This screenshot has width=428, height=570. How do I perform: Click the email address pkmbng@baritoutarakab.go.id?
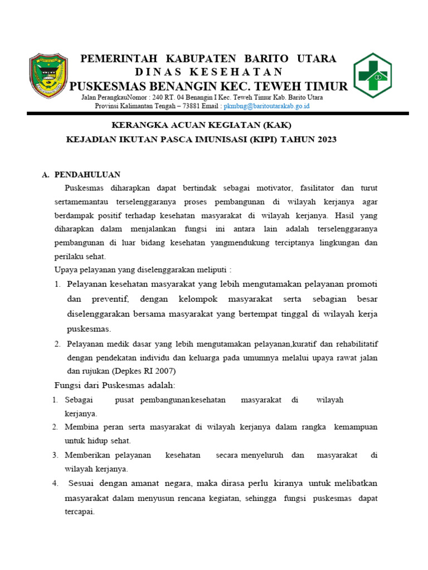(x=266, y=106)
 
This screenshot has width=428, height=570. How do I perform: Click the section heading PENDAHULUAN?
(x=88, y=175)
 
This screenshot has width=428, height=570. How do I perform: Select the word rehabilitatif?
(x=356, y=343)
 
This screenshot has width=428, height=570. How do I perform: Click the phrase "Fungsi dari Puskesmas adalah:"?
(x=114, y=385)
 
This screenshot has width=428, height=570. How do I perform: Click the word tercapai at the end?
(x=79, y=512)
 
